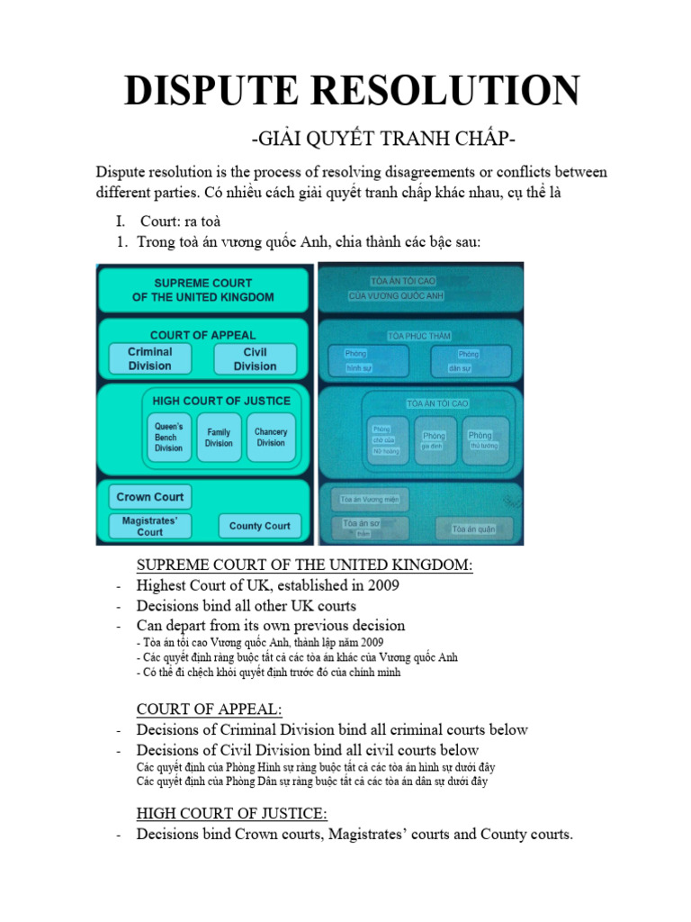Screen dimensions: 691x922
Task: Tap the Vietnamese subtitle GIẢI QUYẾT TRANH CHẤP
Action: click(x=383, y=140)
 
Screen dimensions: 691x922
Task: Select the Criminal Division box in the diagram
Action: click(x=150, y=358)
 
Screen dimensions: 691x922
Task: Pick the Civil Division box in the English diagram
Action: click(x=256, y=358)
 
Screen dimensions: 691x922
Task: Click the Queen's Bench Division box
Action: click(x=169, y=437)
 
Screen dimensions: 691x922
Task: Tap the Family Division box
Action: click(x=219, y=437)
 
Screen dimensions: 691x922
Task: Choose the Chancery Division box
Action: click(x=271, y=437)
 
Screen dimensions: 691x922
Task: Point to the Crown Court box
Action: click(x=150, y=497)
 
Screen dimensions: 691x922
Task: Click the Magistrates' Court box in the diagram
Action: click(x=150, y=526)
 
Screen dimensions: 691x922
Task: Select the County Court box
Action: click(x=259, y=526)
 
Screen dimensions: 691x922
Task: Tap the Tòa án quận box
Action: click(x=474, y=529)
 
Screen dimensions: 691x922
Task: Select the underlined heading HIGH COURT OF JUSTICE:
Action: click(x=231, y=814)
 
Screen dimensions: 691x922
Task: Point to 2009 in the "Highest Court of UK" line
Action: click(x=381, y=585)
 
